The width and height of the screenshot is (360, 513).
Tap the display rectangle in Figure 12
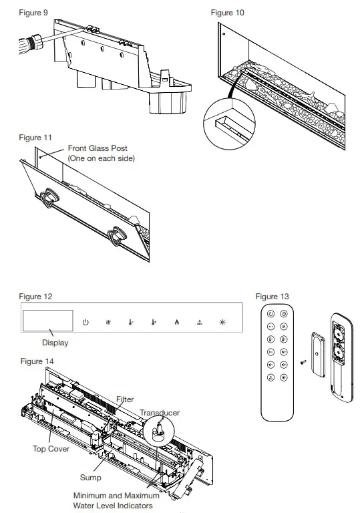point(47,321)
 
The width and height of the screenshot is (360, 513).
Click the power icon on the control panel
point(85,322)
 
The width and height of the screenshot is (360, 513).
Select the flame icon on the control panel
point(176,322)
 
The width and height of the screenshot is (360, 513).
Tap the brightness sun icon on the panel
point(223,322)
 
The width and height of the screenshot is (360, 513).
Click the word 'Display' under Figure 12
point(55,343)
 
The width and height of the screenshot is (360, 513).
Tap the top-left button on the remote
point(271,313)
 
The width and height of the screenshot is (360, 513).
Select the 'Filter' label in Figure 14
point(125,399)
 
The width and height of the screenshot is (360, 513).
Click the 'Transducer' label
point(159,413)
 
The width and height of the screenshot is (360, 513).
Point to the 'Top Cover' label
point(51,449)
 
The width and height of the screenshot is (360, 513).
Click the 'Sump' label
point(91,478)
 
